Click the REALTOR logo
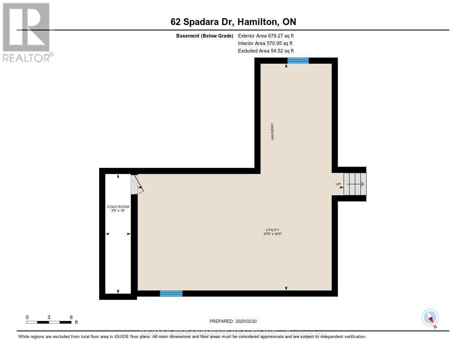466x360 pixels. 26,32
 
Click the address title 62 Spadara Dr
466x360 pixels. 233,22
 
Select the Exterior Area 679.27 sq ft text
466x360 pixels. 268,35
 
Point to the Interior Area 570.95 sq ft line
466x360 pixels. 265,43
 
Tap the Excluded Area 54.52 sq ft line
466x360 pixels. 266,51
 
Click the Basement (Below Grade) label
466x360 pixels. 205,35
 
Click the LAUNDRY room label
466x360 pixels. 273,131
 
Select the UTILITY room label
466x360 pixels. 273,230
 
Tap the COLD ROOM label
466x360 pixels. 118,207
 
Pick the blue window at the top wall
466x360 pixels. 298,61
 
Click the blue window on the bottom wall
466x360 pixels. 171,294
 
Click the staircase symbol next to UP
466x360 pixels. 355,184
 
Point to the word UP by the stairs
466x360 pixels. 338,184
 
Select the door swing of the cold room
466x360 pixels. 137,185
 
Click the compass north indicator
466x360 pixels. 430,317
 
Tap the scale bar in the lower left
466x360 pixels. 49,322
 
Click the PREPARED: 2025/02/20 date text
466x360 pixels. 233,320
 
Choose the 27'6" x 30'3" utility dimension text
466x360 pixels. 273,234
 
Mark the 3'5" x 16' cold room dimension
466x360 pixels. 118,211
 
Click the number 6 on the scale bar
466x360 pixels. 71,317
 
